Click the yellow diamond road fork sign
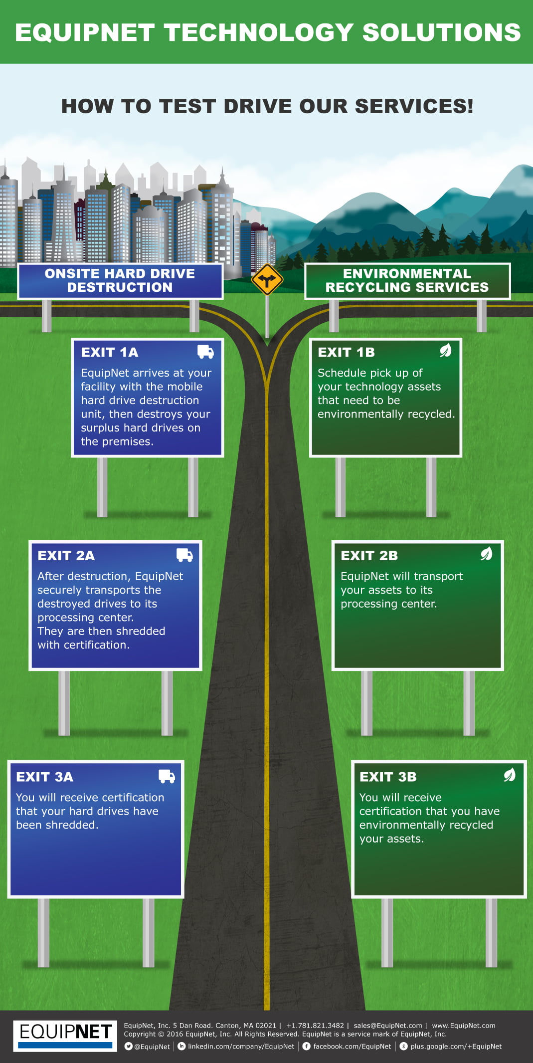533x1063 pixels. click(x=267, y=279)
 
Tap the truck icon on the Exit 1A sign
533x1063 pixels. click(x=205, y=352)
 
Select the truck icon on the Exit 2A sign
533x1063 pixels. click(x=184, y=555)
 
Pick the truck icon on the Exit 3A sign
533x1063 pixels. click(x=167, y=776)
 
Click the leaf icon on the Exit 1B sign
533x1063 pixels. click(x=445, y=351)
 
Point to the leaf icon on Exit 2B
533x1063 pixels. click(x=486, y=554)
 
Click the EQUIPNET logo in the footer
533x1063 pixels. click(x=65, y=1036)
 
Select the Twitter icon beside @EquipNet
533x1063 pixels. click(x=128, y=1047)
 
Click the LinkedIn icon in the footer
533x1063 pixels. click(x=182, y=1047)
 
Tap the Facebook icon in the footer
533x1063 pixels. click(x=307, y=1047)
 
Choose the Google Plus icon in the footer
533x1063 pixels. click(x=404, y=1047)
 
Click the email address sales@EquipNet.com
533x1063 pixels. click(x=388, y=1026)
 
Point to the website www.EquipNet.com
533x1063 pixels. click(x=464, y=1026)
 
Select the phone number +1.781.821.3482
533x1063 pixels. click(x=315, y=1026)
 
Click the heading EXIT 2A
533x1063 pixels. click(x=66, y=556)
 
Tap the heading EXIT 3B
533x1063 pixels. click(x=388, y=777)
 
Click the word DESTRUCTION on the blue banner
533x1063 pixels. click(x=120, y=287)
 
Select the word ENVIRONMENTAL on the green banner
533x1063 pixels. click(x=407, y=273)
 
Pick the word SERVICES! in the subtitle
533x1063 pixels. click(x=414, y=106)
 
